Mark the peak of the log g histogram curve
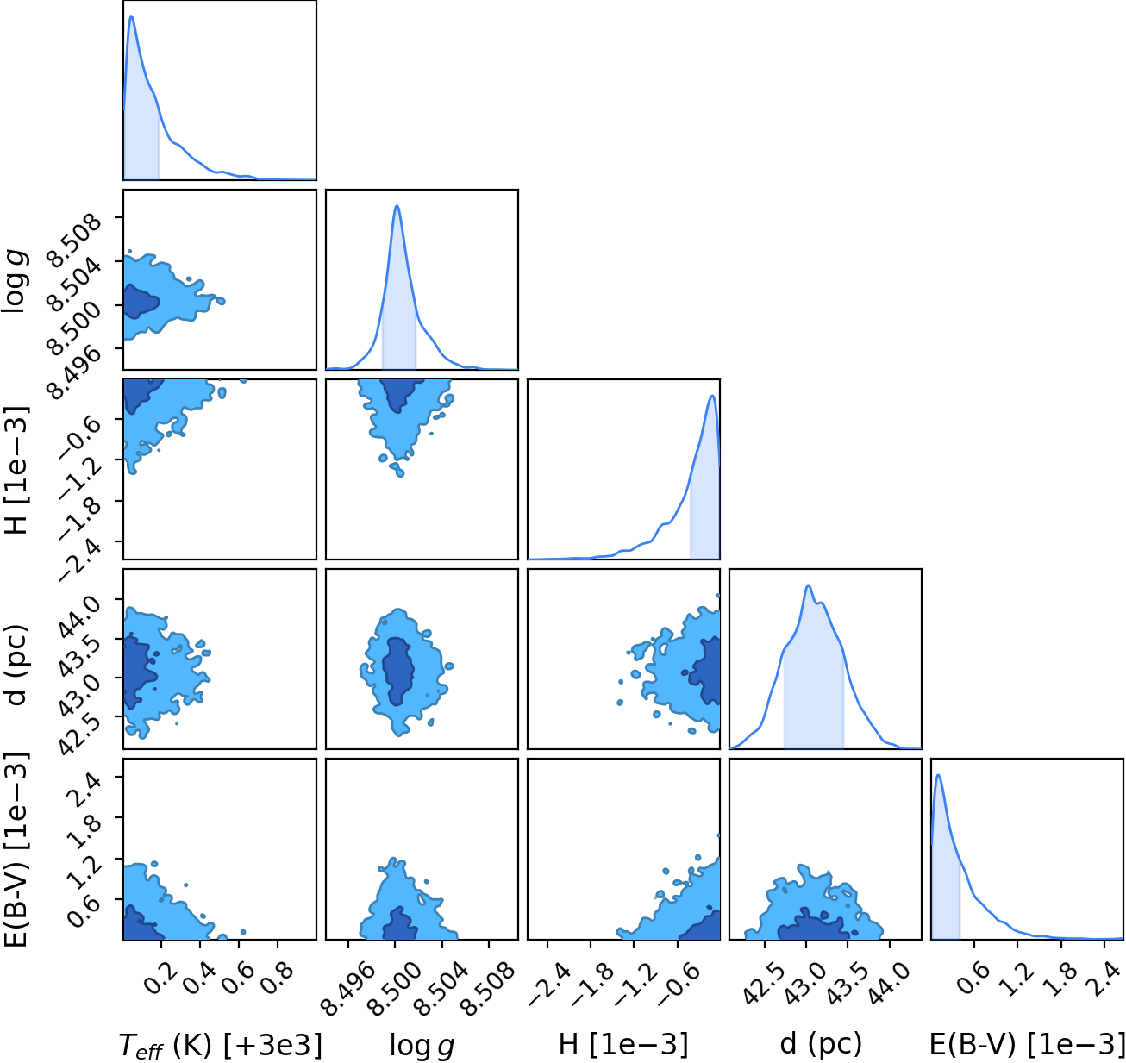(397, 206)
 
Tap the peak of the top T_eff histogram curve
(132, 16)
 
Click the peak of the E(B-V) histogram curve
(938, 774)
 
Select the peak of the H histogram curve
(712, 395)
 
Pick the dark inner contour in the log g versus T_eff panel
(141, 302)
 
